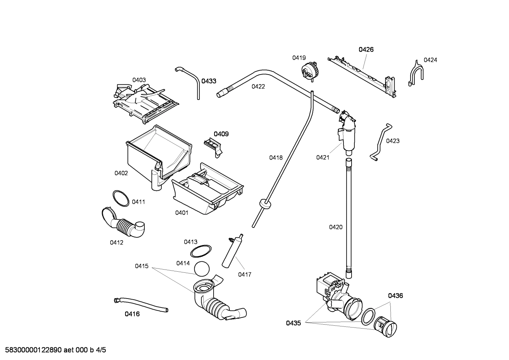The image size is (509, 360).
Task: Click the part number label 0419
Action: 299,58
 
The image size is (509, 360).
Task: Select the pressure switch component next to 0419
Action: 310,70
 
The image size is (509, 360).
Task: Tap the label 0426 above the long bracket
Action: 366,49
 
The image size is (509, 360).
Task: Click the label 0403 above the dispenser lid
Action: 139,80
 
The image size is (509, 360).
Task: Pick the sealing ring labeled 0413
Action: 201,251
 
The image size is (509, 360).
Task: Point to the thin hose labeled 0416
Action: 141,304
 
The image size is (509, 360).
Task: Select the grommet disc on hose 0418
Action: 265,204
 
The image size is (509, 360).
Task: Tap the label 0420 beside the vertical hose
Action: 336,227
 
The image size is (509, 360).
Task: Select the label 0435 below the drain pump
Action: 293,323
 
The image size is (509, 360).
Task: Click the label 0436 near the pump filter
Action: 395,296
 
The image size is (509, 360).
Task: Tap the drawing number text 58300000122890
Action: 32,350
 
